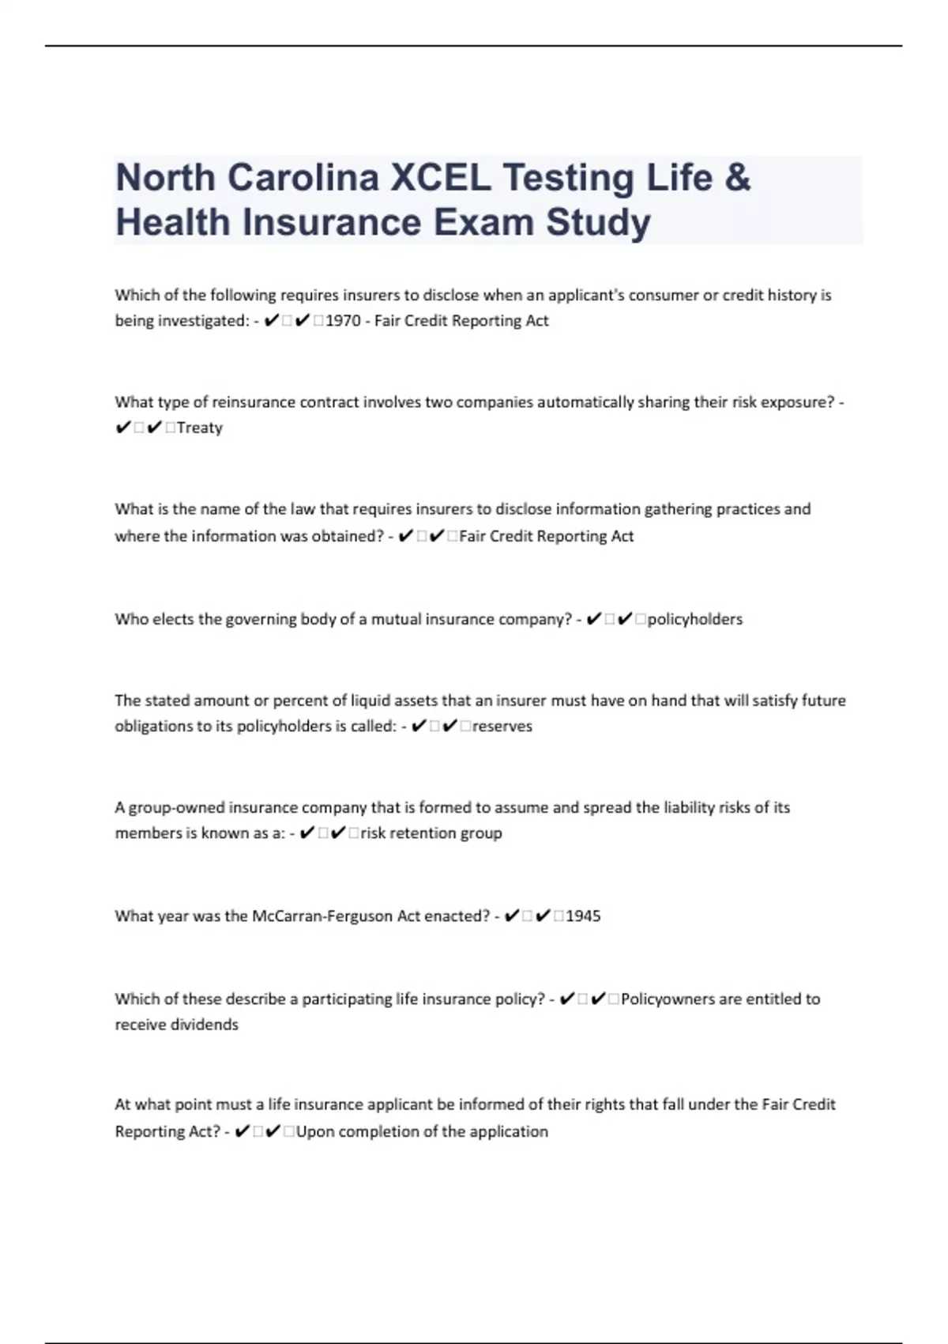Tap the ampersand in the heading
click(x=736, y=177)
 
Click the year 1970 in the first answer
click(x=343, y=321)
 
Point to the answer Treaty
click(x=200, y=428)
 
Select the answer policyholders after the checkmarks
click(x=695, y=619)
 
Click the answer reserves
click(x=502, y=726)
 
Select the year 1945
click(x=583, y=916)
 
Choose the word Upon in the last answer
click(x=316, y=1131)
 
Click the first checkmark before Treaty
click(x=123, y=428)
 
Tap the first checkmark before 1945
click(x=511, y=916)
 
